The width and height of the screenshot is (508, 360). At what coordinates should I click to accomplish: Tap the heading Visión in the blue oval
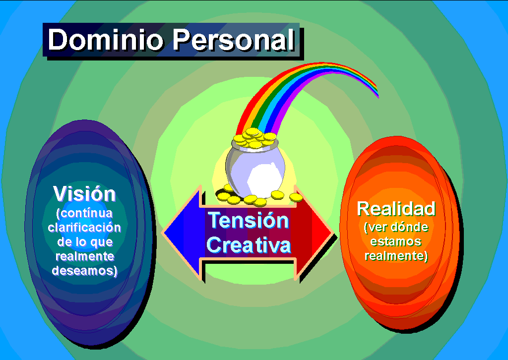coord(84,193)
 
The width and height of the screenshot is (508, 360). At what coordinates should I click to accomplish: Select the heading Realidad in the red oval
coord(396,208)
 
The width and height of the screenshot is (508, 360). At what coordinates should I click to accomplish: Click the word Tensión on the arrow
coord(248,220)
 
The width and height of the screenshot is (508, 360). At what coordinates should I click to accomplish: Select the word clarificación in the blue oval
coord(84,228)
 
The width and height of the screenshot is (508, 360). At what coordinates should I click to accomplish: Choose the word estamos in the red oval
coord(395,242)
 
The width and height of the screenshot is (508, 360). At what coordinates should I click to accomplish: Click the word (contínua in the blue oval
coord(84,213)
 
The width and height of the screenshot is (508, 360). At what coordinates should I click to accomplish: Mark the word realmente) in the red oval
coord(396,256)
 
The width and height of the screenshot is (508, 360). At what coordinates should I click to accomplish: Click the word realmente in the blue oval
coord(84,256)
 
